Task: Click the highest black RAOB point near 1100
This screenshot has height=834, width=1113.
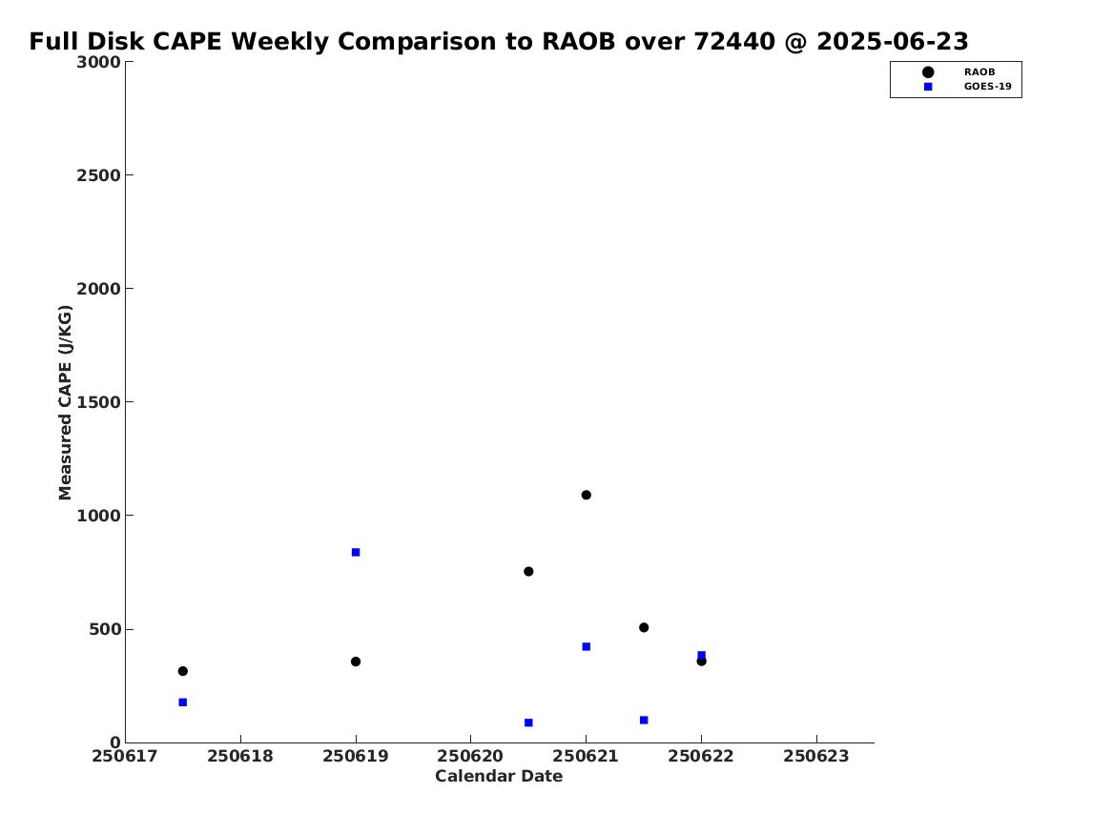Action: point(586,495)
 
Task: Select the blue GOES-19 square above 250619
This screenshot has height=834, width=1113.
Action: point(356,553)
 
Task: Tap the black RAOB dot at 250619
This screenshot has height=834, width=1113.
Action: point(356,661)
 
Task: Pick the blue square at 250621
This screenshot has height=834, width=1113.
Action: point(587,647)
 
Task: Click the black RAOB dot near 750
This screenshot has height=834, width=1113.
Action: point(528,572)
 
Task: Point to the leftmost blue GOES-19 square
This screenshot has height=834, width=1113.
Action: point(182,702)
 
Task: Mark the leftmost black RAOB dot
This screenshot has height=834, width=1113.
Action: point(182,671)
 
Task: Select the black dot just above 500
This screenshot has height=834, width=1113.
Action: point(644,627)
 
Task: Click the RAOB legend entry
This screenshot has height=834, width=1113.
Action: point(979,72)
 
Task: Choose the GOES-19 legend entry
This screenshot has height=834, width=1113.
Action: point(987,87)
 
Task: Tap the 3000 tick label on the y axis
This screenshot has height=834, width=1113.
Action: point(98,62)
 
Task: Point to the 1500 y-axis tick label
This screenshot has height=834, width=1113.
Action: point(98,402)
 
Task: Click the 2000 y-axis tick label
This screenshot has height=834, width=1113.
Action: point(98,289)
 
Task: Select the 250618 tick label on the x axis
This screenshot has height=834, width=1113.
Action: point(240,756)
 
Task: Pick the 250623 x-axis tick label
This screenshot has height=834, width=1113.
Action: point(816,756)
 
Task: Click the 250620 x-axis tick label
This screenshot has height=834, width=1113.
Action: point(470,756)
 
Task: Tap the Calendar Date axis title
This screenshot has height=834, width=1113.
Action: point(499,777)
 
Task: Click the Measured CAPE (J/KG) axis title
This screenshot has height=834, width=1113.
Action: point(65,402)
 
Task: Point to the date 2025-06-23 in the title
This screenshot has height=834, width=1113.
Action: point(893,42)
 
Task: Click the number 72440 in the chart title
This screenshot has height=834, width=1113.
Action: point(734,42)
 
